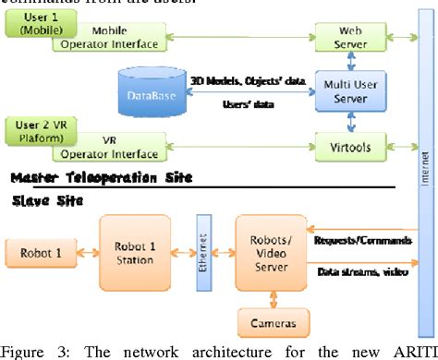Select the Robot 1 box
(x=36, y=250)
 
